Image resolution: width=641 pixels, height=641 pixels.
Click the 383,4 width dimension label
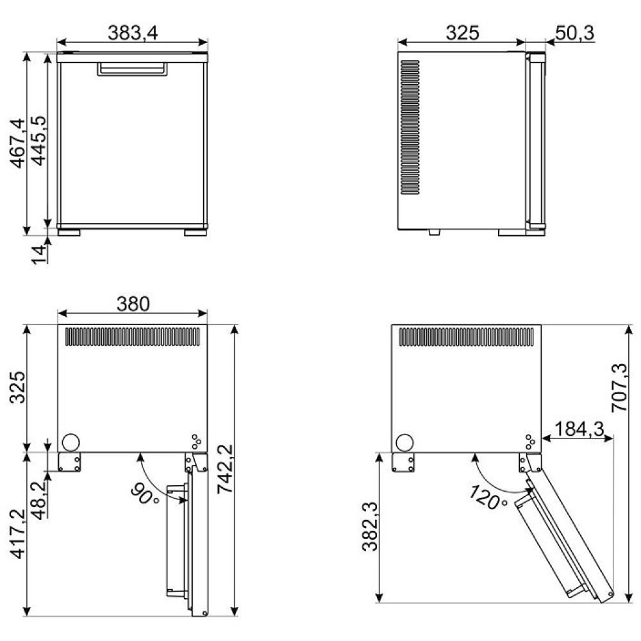pos(133,33)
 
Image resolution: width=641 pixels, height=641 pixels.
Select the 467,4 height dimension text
pos(18,143)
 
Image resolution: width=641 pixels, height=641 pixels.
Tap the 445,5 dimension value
pos(39,140)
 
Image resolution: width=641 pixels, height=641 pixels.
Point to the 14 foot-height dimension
pos(39,254)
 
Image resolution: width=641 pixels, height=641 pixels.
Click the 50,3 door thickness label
pos(575,33)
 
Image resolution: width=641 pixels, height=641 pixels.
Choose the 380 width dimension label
pos(133,304)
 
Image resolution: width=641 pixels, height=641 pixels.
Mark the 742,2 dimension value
pos(225,469)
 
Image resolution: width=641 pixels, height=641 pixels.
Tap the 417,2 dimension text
pos(18,533)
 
